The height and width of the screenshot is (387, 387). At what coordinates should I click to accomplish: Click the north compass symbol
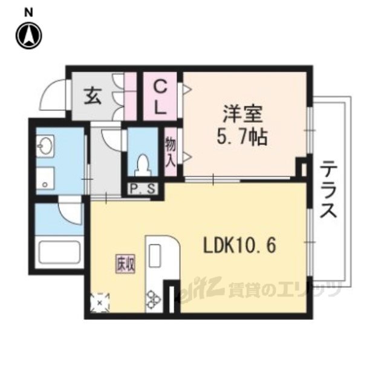29,36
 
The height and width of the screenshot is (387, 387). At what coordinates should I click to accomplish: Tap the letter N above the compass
28,13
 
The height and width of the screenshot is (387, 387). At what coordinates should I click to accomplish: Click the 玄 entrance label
93,97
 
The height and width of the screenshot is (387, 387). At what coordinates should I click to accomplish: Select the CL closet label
160,97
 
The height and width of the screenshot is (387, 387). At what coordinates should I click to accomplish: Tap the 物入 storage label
171,152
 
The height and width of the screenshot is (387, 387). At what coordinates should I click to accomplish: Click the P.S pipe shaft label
143,189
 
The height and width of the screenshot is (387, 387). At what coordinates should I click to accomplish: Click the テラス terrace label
328,189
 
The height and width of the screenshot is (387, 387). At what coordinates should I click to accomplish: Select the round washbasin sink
45,146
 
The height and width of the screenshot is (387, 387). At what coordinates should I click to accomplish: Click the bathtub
59,253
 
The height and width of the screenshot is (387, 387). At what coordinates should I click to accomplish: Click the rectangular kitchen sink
155,256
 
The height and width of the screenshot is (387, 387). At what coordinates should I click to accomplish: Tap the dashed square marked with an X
100,302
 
